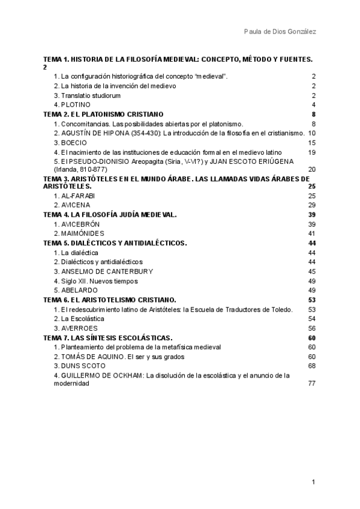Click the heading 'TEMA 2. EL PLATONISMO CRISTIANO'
coord(104,114)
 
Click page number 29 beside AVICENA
coord(311,205)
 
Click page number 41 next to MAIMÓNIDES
coord(311,233)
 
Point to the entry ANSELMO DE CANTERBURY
coord(103,271)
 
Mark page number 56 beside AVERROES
coord(311,328)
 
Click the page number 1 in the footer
coord(313,482)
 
